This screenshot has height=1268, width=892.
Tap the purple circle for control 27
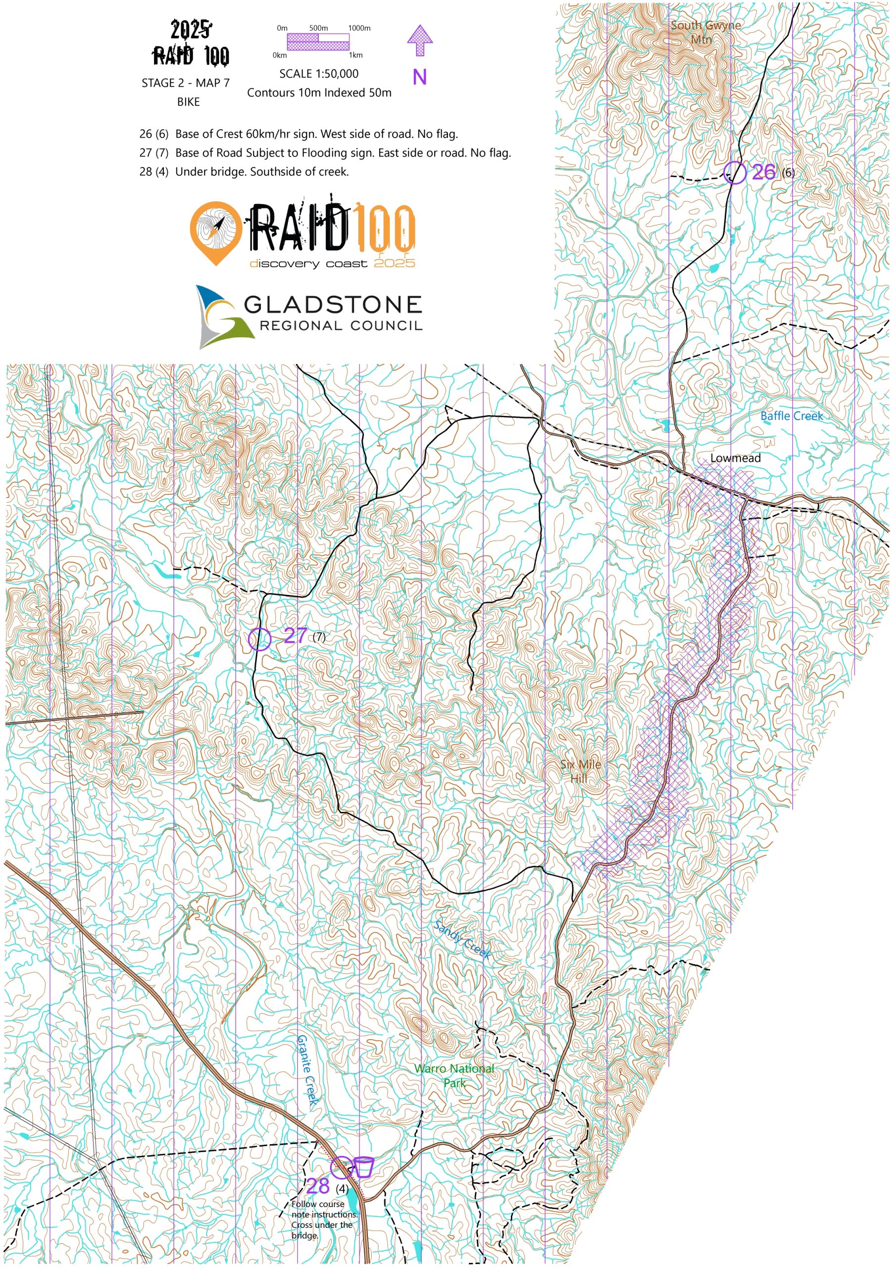click(x=259, y=639)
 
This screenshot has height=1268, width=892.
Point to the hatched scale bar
click(x=318, y=42)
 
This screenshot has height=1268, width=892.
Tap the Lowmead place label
click(x=735, y=458)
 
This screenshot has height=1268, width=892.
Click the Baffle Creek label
click(x=791, y=416)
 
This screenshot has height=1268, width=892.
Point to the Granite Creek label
click(x=307, y=1070)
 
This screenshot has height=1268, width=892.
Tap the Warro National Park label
click(x=454, y=1075)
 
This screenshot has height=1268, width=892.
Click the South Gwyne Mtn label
click(x=705, y=32)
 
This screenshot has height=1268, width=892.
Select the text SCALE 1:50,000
click(x=318, y=73)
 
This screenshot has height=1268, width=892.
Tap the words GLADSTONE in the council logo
click(x=333, y=304)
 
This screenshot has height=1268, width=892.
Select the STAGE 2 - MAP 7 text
click(x=186, y=83)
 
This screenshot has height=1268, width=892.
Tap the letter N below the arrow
click(x=419, y=77)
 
